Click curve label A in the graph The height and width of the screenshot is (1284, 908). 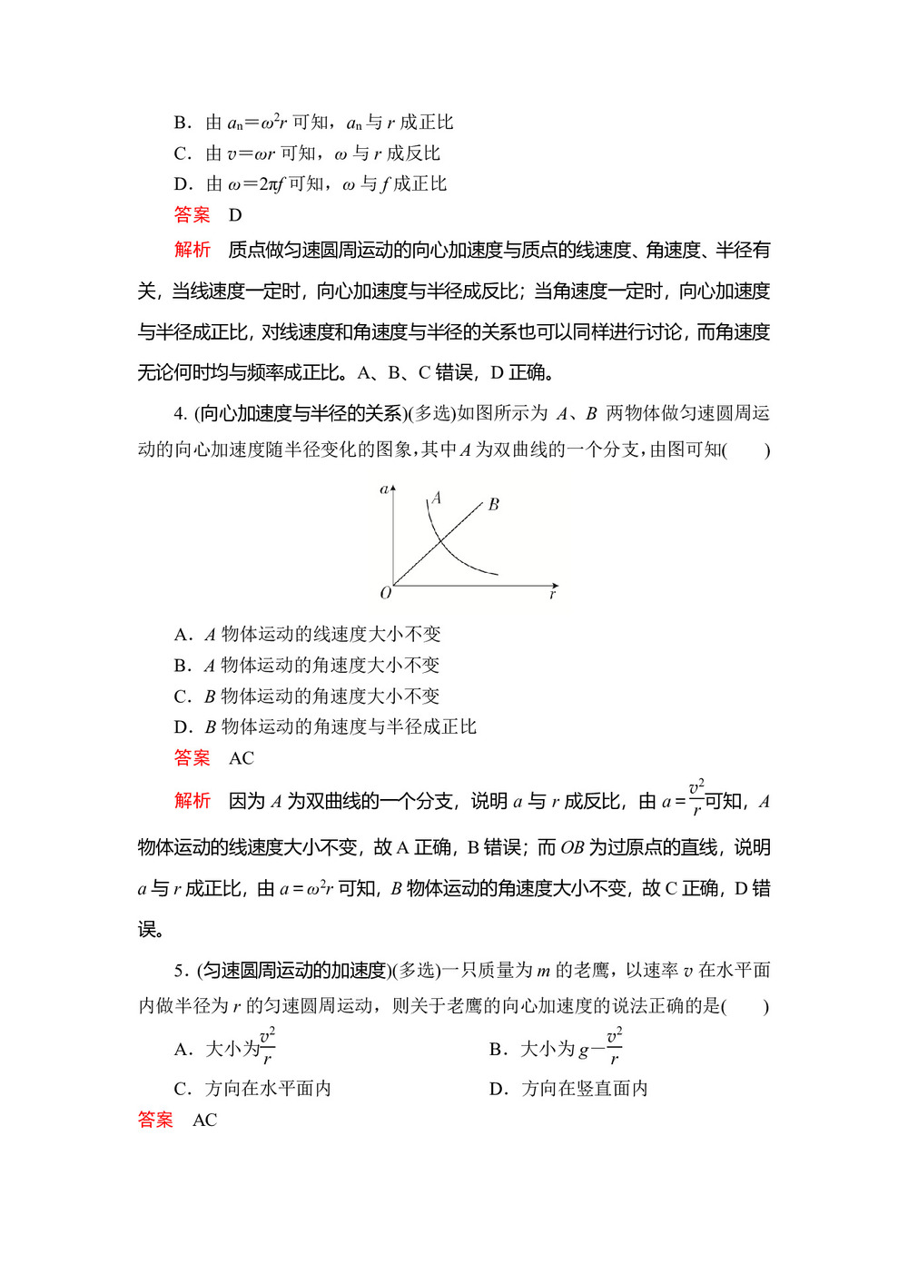click(x=437, y=498)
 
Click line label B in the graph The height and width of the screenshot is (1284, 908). click(x=493, y=504)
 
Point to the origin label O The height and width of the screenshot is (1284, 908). click(x=385, y=593)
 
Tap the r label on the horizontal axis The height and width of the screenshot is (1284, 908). click(x=552, y=594)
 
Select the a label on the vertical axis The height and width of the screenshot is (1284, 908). click(x=383, y=489)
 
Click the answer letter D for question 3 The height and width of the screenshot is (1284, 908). click(x=235, y=215)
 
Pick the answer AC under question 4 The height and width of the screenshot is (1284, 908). click(x=242, y=758)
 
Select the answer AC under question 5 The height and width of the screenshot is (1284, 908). click(x=205, y=1120)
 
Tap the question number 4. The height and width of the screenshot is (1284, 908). click(x=179, y=414)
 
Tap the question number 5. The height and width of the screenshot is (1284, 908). click(x=179, y=971)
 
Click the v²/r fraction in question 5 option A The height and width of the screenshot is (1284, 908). click(x=267, y=1045)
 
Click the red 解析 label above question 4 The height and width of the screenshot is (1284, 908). click(x=192, y=250)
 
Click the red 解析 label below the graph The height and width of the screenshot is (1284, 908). click(x=192, y=801)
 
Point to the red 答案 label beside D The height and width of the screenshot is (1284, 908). click(x=192, y=215)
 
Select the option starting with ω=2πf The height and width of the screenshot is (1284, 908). click(x=311, y=184)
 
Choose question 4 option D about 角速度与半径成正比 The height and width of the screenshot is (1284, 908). click(x=325, y=726)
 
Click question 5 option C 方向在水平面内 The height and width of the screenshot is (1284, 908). click(x=252, y=1089)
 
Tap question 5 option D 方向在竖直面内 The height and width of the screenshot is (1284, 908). click(x=568, y=1089)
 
